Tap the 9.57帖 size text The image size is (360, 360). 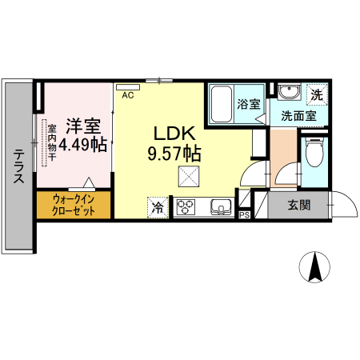173,152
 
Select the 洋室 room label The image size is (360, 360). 82,126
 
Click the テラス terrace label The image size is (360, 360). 17,169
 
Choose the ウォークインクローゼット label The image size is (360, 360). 74,204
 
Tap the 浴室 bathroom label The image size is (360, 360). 249,104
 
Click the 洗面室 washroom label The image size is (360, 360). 298,116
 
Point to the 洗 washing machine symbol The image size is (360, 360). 317,94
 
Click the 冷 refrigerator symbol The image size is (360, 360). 158,208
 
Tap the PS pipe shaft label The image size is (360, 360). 244,214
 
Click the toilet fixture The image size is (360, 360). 314,151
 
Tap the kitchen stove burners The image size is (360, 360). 186,208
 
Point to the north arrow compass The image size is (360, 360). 315,266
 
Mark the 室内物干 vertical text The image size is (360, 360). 50,142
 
